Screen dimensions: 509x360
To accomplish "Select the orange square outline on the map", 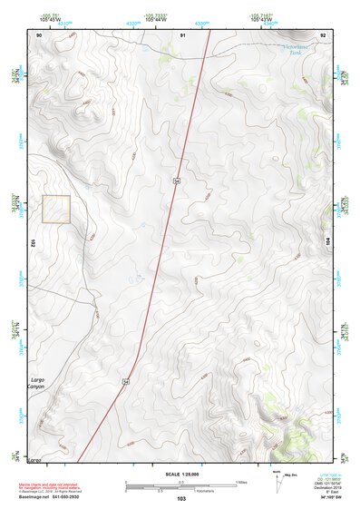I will (x=56, y=209).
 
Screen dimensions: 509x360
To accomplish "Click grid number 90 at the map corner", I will (x=39, y=34).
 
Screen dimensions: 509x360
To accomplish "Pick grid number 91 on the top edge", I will (x=182, y=34).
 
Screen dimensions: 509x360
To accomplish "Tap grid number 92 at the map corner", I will (x=323, y=34).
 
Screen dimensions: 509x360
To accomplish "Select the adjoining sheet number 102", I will (x=32, y=243).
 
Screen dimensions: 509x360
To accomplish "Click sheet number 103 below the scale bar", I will (x=181, y=499).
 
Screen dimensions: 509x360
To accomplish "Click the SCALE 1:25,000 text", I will (x=181, y=474).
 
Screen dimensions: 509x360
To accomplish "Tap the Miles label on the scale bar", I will (x=240, y=481).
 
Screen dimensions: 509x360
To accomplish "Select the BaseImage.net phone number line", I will (x=45, y=497).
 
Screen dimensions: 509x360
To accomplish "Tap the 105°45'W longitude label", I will (x=52, y=18).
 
